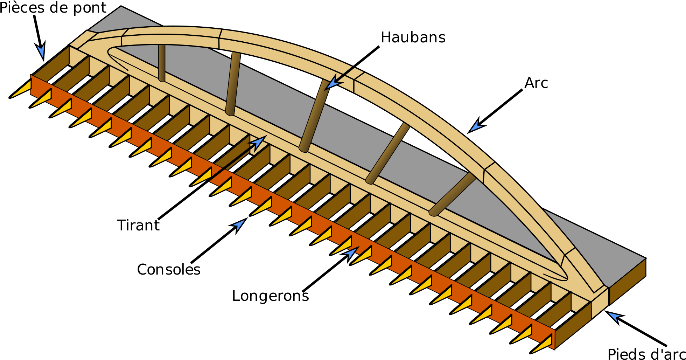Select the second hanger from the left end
click(x=233, y=84)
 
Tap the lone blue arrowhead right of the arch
click(x=476, y=126)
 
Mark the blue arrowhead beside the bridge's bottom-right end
click(x=614, y=316)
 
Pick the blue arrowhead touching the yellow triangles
click(x=351, y=252)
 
